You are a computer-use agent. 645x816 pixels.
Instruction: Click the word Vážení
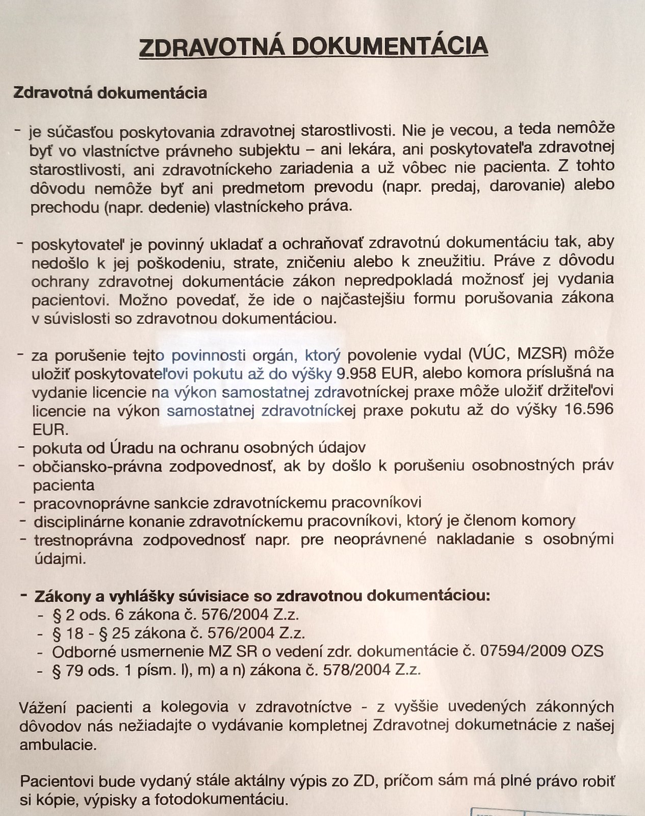pos(44,707)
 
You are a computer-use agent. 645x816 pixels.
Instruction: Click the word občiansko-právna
pos(96,466)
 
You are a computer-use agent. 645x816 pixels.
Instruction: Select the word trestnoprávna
pos(84,540)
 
